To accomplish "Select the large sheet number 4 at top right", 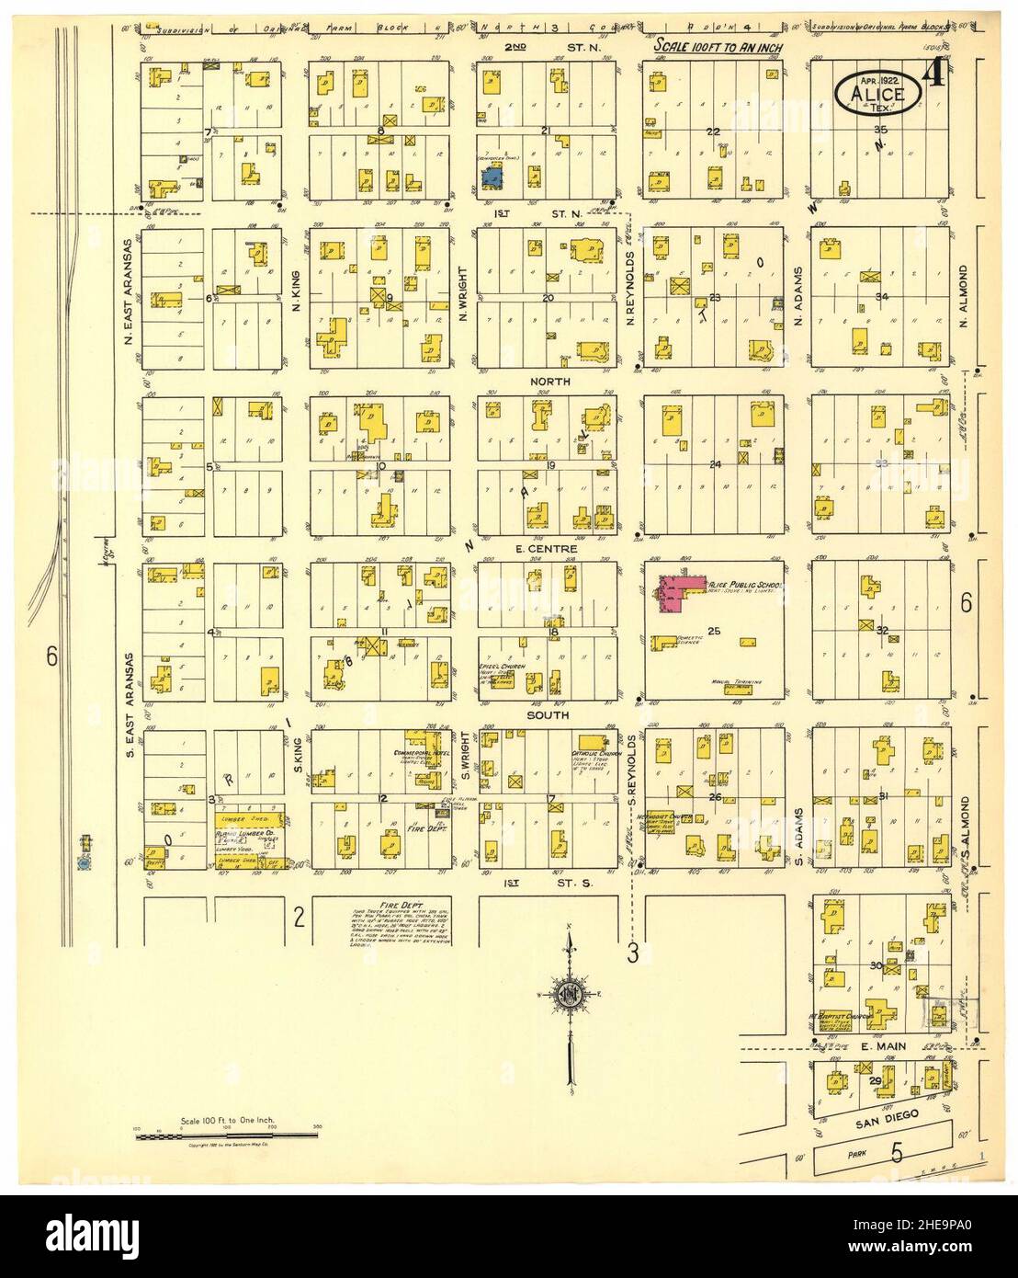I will pyautogui.click(x=936, y=73).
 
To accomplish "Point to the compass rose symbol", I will pyautogui.click(x=570, y=994).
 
